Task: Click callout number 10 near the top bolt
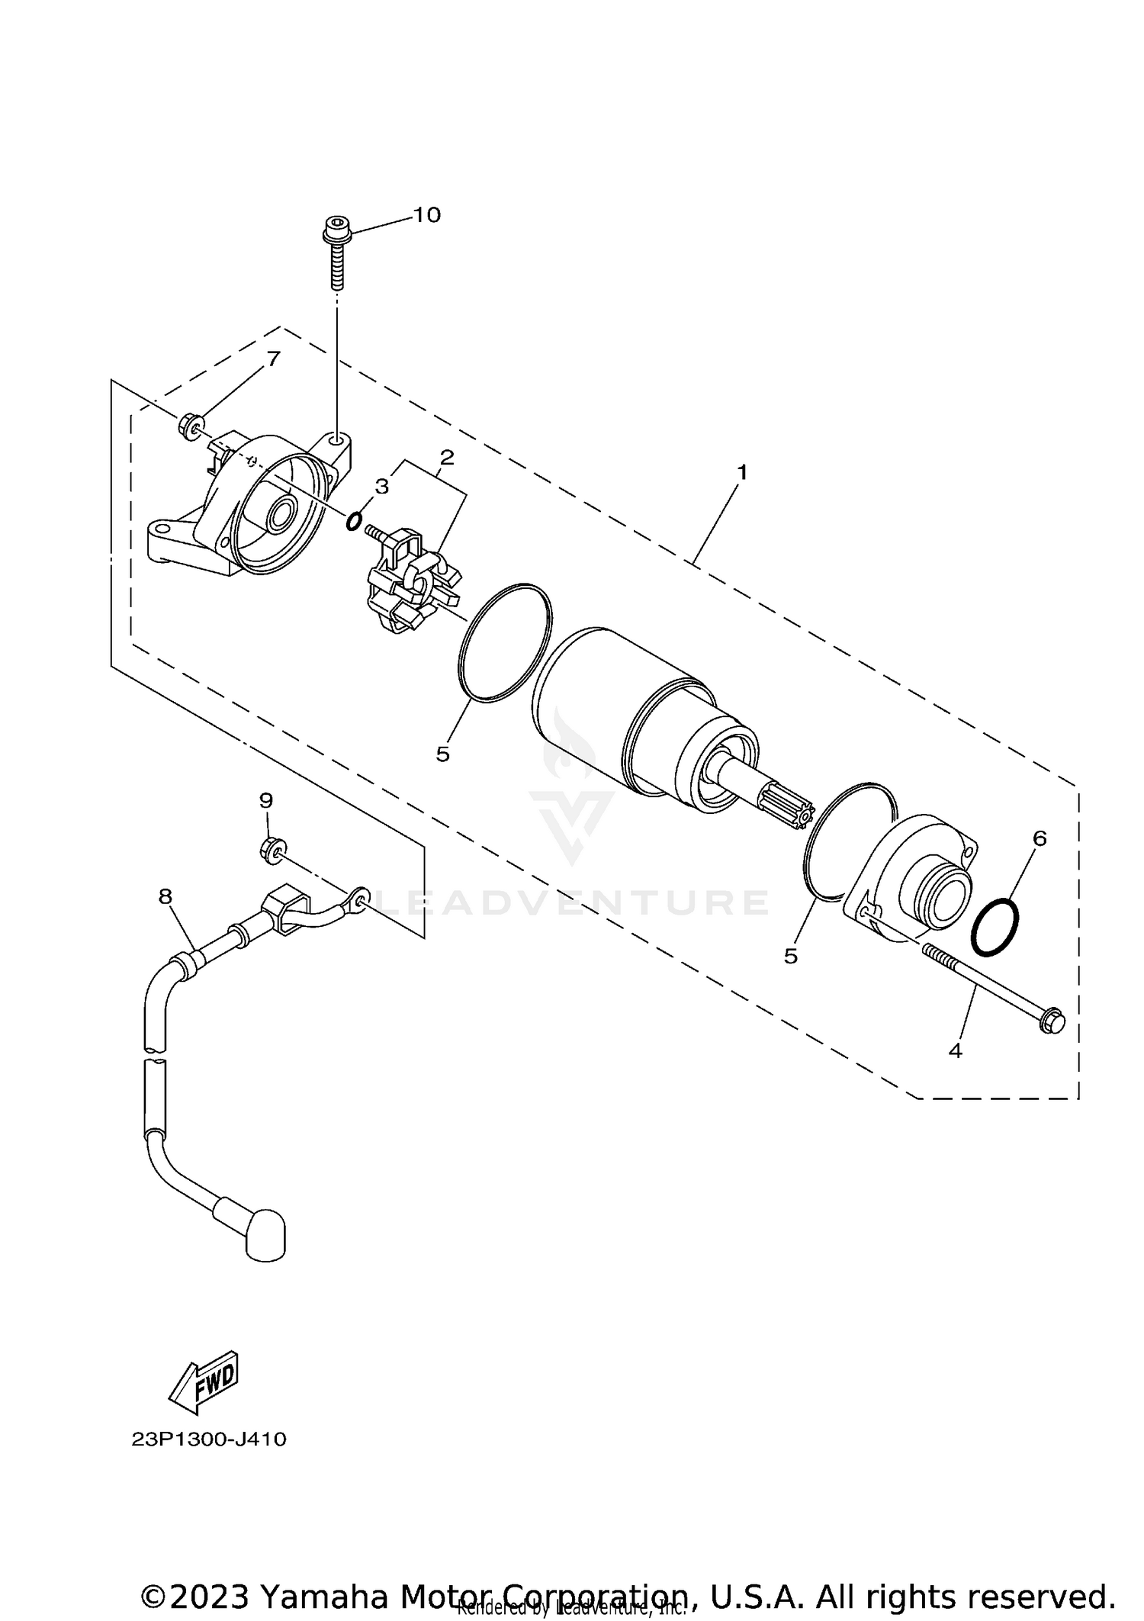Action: (427, 215)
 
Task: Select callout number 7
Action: (272, 359)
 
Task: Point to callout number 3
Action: (381, 486)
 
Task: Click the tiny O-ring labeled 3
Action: (353, 522)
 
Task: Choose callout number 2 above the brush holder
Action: (447, 457)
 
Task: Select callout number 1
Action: (741, 472)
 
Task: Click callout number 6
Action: (1040, 838)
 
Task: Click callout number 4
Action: (955, 1050)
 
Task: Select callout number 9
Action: (265, 800)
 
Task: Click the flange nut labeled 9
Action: (272, 847)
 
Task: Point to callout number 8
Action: (165, 896)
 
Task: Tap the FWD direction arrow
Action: (204, 1381)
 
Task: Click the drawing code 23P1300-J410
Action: (209, 1439)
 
